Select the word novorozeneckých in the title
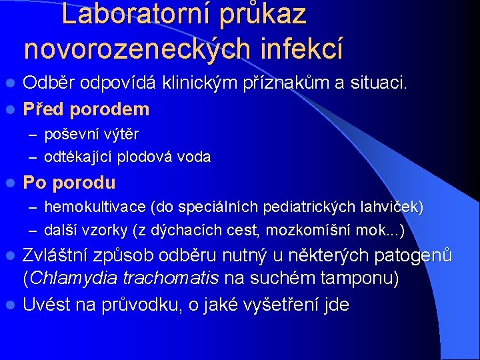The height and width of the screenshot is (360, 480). (x=135, y=48)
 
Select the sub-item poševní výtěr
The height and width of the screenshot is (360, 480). (x=91, y=134)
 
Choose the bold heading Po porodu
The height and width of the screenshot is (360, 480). (x=69, y=183)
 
